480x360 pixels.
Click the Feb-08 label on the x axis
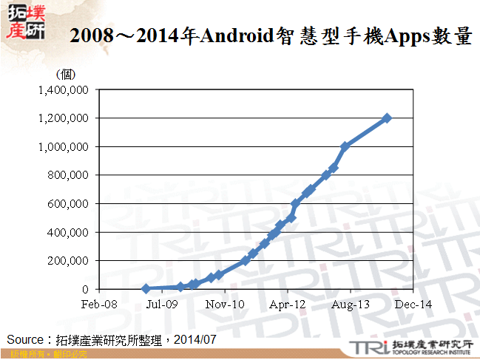99,304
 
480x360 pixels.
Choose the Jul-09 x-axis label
161,304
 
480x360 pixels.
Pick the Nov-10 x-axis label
225,304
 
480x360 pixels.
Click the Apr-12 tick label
287,304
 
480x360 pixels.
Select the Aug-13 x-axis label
351,304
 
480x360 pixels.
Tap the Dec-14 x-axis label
413,304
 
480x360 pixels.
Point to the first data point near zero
146,288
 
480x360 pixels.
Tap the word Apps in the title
406,35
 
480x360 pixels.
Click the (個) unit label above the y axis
66,74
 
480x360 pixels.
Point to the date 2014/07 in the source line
197,339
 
